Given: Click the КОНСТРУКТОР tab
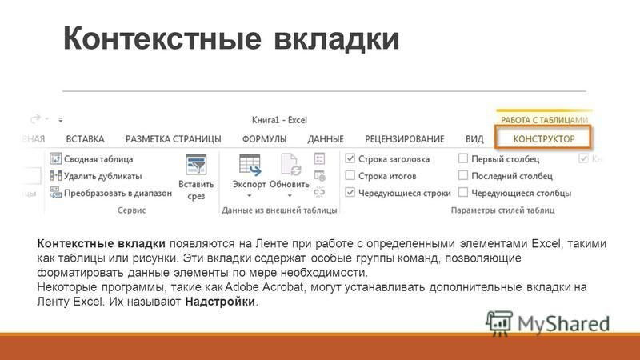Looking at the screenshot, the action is (x=544, y=138).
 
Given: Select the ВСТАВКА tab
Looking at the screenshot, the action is (x=85, y=139).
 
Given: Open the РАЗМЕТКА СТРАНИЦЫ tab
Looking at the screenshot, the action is (x=173, y=139).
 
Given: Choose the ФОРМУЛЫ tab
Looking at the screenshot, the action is (x=264, y=139).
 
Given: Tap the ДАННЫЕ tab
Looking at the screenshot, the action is (x=326, y=139).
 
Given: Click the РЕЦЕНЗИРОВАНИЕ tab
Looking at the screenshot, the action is (x=405, y=139).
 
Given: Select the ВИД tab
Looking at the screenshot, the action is (x=474, y=139).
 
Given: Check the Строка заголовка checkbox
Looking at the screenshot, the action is (x=350, y=158).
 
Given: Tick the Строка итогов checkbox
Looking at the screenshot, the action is (x=350, y=175).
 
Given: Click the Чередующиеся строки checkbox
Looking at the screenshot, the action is (x=350, y=192).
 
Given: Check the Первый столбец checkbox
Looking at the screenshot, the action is (x=463, y=158).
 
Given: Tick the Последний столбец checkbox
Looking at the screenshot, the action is (x=463, y=175).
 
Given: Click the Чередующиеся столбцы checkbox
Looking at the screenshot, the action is (x=463, y=192).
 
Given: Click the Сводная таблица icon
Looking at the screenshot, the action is (x=55, y=158).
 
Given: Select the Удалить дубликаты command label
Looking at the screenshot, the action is (x=103, y=176).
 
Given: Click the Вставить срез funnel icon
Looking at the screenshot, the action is (x=196, y=164).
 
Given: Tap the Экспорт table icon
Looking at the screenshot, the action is (x=250, y=165).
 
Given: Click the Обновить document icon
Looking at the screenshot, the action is (x=290, y=165).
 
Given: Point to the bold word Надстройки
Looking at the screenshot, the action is (x=220, y=302).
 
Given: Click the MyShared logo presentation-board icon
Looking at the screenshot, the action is (x=498, y=323).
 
